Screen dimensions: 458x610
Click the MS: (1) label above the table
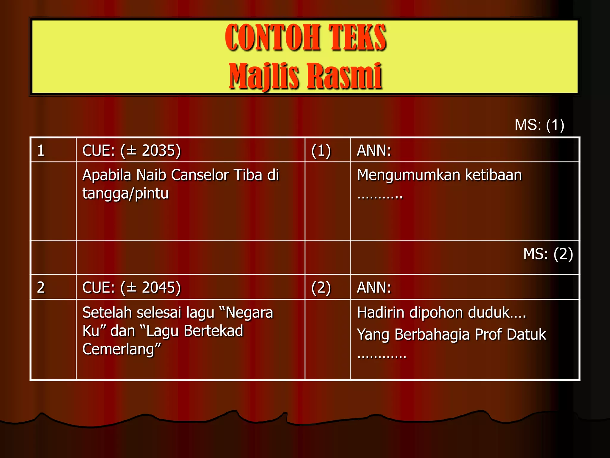(539, 125)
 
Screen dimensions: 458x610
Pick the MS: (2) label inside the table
(548, 254)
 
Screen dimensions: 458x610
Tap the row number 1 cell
(41, 150)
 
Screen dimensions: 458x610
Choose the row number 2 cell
(41, 287)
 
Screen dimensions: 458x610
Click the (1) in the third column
(321, 151)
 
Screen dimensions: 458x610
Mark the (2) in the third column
(321, 288)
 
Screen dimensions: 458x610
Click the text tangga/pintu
(125, 194)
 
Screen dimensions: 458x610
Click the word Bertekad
(213, 331)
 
